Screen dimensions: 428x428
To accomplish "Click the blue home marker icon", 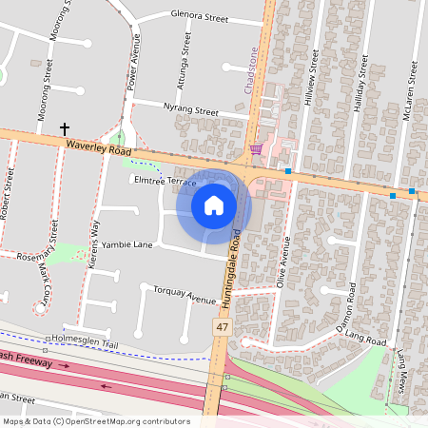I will pos(214,204).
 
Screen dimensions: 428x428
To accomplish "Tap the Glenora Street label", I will pos(201,17).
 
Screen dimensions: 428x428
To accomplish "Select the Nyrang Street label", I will pos(191,109).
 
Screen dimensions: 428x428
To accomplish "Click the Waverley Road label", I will pos(99,147).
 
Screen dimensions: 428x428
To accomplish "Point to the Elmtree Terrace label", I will pos(165,180).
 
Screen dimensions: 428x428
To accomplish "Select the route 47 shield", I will pos(221,326).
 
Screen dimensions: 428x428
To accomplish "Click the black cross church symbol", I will pos(66,128).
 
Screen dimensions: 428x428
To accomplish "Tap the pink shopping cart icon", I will pos(255,148).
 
